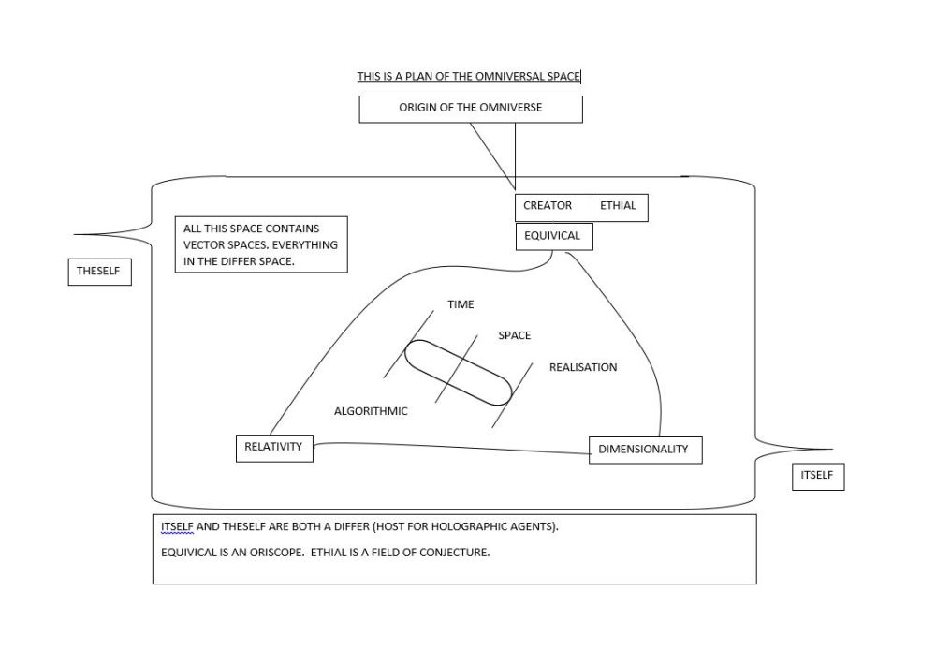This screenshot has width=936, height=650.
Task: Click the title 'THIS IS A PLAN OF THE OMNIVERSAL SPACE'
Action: [468, 76]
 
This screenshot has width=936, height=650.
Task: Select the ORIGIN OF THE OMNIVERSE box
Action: [471, 109]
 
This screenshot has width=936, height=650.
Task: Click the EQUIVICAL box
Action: [553, 236]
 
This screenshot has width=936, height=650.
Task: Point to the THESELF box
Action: [100, 272]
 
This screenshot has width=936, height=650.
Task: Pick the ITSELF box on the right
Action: [817, 476]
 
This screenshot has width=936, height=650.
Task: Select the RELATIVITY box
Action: [273, 448]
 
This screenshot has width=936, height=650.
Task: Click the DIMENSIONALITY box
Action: [644, 450]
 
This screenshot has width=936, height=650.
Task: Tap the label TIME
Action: [461, 304]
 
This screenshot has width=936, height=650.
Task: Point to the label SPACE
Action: [515, 335]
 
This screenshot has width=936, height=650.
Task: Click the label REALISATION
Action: [583, 367]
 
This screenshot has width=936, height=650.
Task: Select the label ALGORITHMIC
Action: [371, 411]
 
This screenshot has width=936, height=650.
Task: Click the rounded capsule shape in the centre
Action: [459, 372]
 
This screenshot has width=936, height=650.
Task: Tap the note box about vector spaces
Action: [260, 244]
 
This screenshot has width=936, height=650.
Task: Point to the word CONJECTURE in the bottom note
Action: [455, 552]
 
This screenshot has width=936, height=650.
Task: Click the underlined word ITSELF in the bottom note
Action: [177, 526]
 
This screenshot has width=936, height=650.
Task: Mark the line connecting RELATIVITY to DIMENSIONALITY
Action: [449, 449]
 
